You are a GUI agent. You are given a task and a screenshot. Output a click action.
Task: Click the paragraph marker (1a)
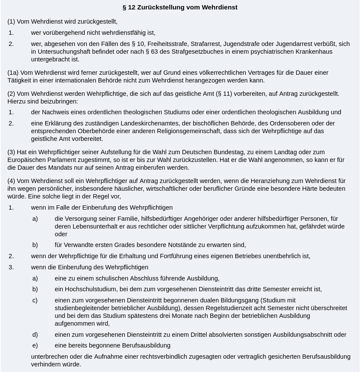point(13,73)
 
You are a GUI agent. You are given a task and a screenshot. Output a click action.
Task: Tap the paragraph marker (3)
point(11,152)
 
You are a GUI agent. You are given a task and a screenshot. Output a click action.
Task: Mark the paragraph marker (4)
point(11,181)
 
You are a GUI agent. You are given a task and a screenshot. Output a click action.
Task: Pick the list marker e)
point(35,345)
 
